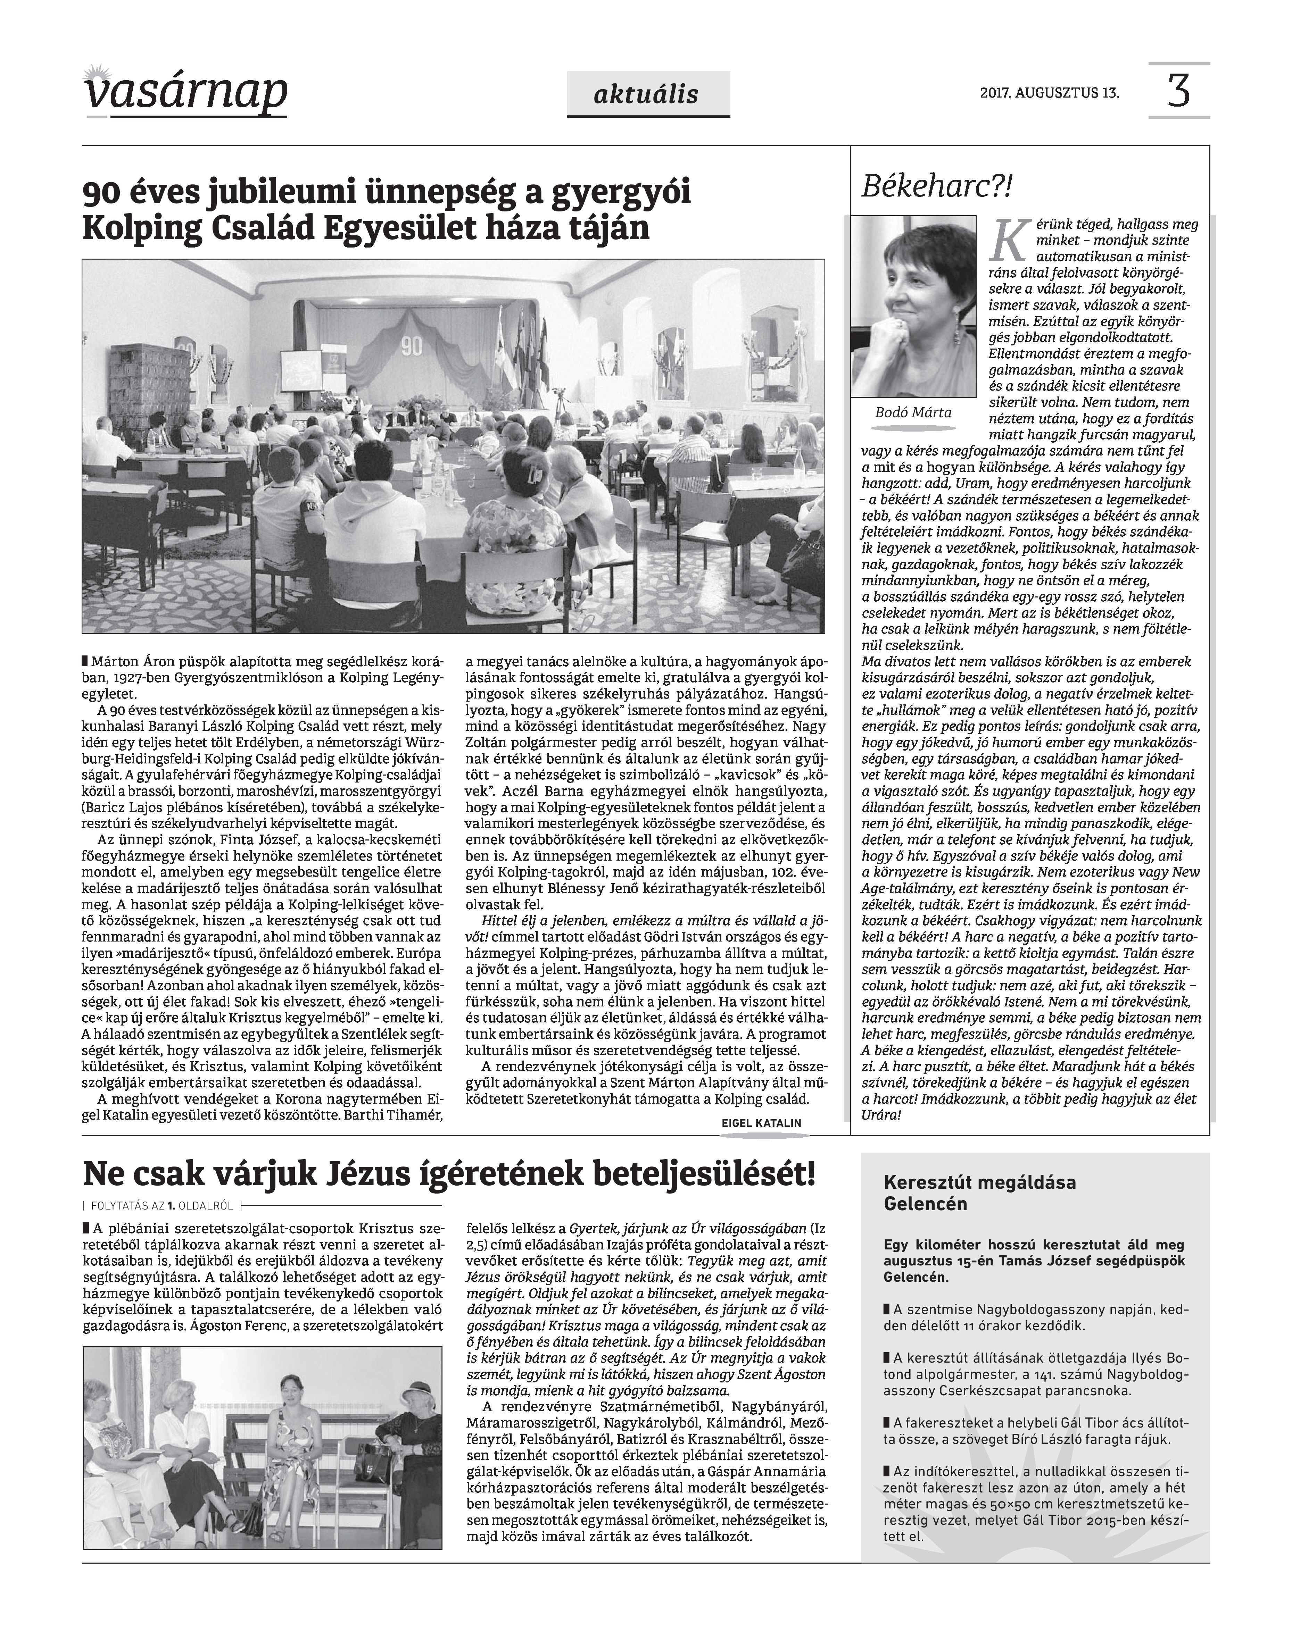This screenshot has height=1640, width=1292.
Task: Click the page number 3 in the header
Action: click(1178, 91)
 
